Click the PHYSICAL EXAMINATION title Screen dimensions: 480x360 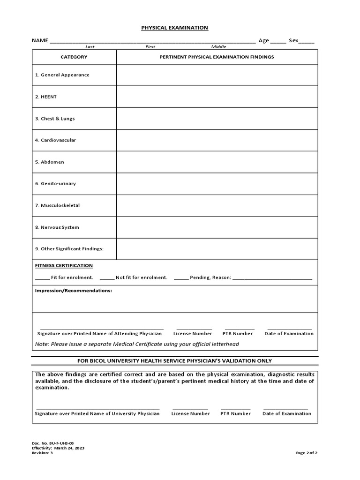(174, 28)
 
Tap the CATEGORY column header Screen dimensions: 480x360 (74, 57)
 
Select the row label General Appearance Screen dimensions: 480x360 (62, 75)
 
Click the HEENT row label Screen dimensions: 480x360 (45, 97)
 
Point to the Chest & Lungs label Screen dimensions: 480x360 (55, 119)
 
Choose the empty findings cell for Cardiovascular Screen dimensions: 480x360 (217, 140)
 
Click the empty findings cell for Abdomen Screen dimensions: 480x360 (217, 162)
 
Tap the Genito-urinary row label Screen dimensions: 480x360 (55, 184)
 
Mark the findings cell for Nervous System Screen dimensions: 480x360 (217, 227)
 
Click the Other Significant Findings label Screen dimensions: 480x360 (69, 249)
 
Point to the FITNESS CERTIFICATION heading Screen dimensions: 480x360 (64, 266)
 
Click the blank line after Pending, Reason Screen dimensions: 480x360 (272, 277)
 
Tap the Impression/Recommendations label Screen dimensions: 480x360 (74, 291)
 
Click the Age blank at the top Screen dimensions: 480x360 (278, 41)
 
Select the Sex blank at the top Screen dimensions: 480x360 (307, 41)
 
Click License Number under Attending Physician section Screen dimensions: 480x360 (193, 334)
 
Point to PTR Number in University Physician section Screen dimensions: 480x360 (235, 414)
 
